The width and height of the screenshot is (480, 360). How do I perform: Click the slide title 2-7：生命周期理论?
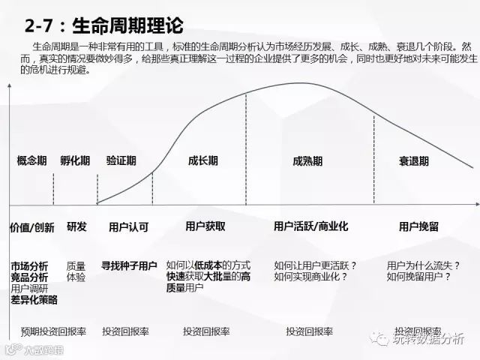(104, 26)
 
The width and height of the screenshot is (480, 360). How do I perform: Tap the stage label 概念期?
(32, 160)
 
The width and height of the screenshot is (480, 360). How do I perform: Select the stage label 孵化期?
(75, 160)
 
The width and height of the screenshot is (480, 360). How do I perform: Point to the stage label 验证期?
(121, 160)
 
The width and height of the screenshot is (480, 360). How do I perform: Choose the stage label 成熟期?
(307, 160)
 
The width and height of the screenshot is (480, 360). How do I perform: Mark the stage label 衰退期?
(415, 160)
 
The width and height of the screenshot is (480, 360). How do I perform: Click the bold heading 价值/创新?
(32, 226)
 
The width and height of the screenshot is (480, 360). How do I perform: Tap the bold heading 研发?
(76, 226)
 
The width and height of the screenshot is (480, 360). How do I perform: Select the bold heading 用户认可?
(129, 226)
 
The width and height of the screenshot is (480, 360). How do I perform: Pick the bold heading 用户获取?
(205, 226)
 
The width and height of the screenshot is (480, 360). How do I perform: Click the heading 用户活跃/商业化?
(310, 226)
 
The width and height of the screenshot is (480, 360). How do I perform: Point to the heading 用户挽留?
(419, 226)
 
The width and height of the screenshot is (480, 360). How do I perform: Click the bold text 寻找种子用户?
(129, 265)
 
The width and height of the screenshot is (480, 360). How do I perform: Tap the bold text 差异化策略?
(34, 299)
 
